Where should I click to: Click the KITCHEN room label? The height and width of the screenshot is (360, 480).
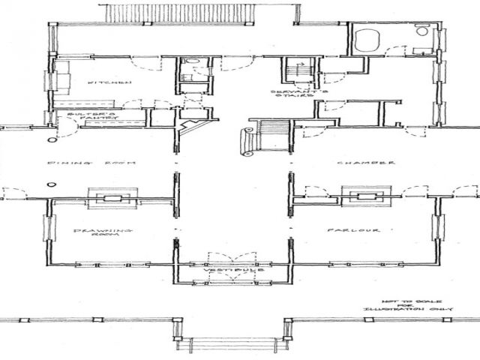pos(99,83)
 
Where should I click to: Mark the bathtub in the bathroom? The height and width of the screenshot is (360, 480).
pos(368,39)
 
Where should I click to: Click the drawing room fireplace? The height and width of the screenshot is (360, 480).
pos(111,196)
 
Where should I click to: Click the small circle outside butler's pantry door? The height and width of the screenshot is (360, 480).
pos(52,139)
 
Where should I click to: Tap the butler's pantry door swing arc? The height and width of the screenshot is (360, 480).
pos(66,129)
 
